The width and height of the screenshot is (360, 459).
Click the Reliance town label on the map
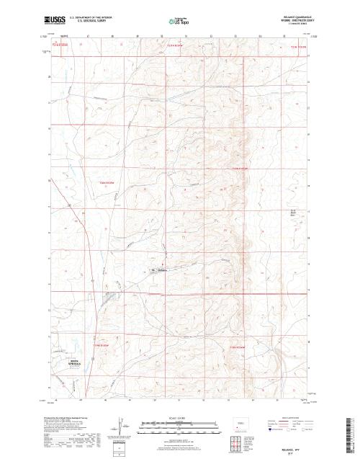[161, 270]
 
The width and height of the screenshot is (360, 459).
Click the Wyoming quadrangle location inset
[240, 423]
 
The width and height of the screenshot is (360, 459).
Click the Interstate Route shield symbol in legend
[270, 429]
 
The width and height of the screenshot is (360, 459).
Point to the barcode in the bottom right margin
[351, 432]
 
